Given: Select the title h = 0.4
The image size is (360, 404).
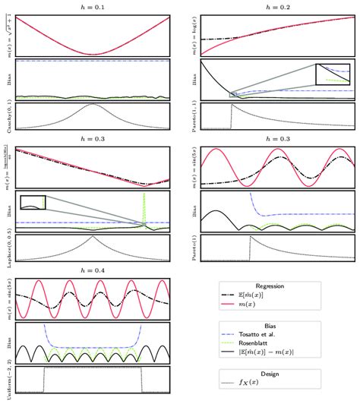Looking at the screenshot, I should (93, 273).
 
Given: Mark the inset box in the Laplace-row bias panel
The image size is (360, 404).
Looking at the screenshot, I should (33, 201).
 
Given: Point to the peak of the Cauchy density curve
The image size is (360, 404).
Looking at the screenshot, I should (93, 106).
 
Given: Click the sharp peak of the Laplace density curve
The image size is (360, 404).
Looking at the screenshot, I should (93, 240).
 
